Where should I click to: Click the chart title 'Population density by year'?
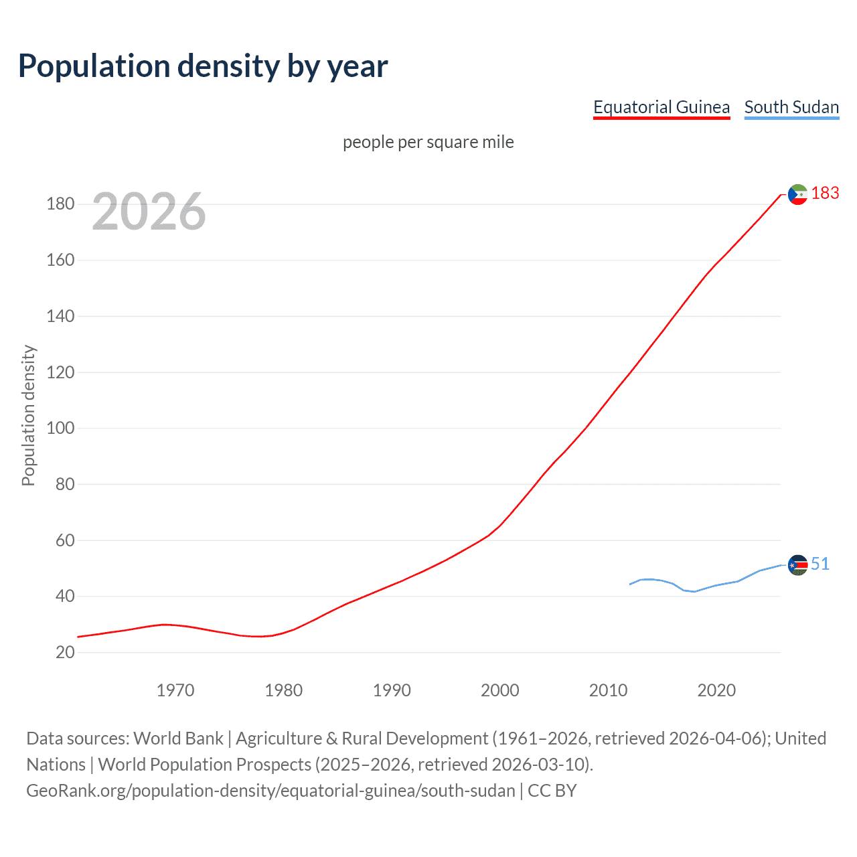203,66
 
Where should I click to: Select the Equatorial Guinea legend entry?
661,107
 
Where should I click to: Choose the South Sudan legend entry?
791,107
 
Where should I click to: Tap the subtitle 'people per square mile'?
428,142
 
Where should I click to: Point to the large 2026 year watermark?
149,212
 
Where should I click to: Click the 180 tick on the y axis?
60,204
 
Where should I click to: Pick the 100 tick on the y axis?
60,428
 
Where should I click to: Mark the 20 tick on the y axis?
65,652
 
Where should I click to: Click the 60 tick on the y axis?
65,540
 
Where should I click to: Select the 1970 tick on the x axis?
175,690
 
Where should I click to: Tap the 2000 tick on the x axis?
500,690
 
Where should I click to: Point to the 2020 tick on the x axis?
716,690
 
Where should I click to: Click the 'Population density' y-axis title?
28,415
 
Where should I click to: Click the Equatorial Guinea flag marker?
797,194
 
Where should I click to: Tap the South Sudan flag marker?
797,565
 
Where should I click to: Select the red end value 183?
825,193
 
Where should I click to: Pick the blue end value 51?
820,564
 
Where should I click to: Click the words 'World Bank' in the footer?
178,738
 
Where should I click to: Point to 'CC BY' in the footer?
552,791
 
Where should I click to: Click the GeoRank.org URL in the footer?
270,791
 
